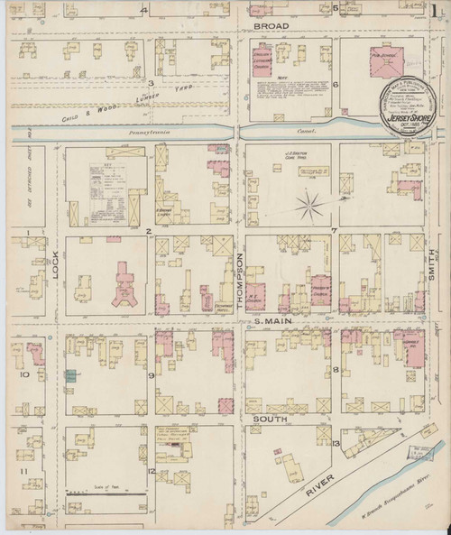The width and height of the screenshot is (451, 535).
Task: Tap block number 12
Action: click(152, 471)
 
